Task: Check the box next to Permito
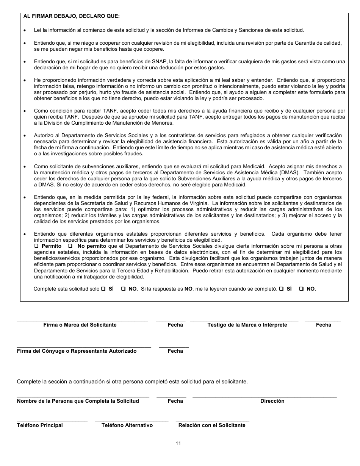(37, 246)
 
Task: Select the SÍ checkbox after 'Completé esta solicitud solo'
(103, 289)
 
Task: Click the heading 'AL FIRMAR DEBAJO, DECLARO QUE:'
(72, 16)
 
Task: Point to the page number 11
(178, 444)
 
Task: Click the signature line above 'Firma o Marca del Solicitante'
(82, 321)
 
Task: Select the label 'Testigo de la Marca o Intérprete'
(247, 325)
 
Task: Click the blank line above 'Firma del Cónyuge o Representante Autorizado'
(84, 347)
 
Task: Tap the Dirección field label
(272, 401)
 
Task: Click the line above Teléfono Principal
(52, 421)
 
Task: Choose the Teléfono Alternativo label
(127, 425)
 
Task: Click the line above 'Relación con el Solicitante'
(212, 421)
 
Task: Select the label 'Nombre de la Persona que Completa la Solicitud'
(78, 401)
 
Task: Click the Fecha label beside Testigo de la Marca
(323, 325)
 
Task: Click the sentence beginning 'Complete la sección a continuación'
(132, 382)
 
